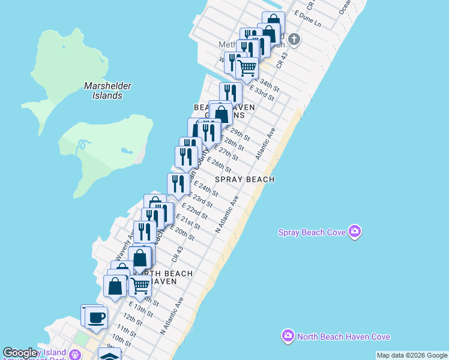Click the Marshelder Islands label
107,91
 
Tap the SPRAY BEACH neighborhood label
245,179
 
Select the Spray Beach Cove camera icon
355,231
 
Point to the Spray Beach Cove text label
313,232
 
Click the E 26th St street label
219,166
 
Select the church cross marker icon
294,40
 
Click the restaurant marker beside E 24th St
178,184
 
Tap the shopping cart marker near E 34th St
247,68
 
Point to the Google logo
20,353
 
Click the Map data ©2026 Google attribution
412,355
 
